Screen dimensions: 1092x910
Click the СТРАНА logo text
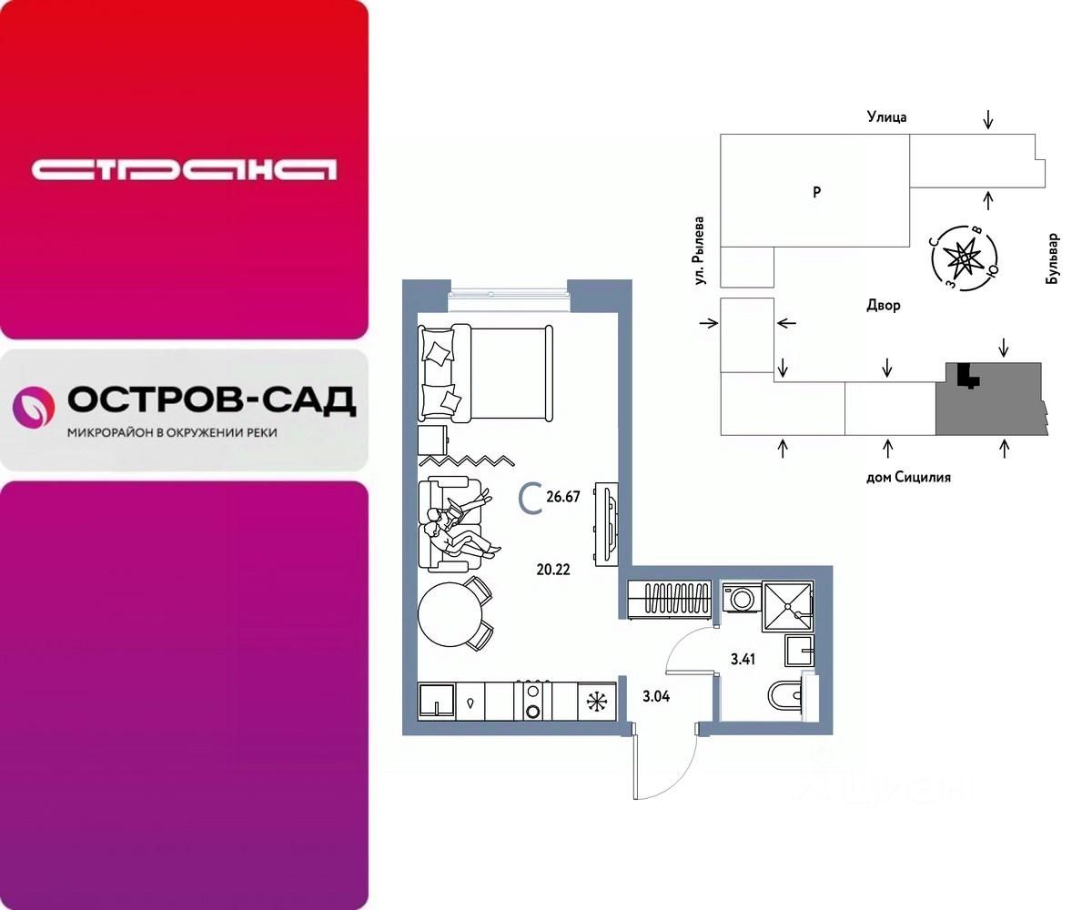[184, 170]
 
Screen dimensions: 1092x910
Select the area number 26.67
[563, 497]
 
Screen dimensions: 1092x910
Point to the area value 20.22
[553, 571]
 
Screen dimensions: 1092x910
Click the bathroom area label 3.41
[743, 658]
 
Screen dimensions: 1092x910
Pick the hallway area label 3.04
[657, 697]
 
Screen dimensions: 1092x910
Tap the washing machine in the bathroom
[739, 599]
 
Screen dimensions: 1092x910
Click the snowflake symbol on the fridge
[597, 702]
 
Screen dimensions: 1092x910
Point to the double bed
[486, 373]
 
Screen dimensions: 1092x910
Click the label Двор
[883, 306]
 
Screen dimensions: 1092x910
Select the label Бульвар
[1053, 260]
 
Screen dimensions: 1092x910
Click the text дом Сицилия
[907, 477]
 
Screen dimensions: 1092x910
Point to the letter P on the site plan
[816, 192]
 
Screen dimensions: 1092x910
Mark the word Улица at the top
[885, 116]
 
